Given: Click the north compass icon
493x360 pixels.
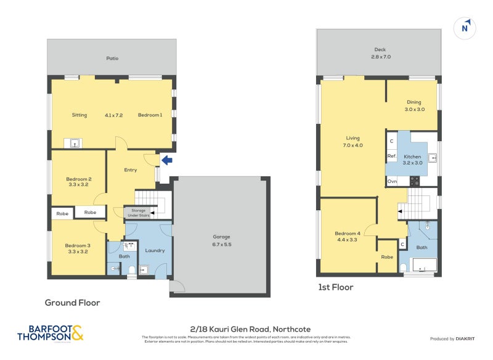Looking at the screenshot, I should (x=467, y=28).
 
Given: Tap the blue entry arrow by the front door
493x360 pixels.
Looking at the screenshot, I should (x=166, y=160).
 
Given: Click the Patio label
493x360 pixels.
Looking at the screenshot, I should (x=112, y=59).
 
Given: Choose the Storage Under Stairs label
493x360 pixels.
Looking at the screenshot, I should (x=138, y=213).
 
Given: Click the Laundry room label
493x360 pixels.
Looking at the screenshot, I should (x=155, y=250).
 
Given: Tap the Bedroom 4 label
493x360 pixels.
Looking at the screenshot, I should (x=348, y=236).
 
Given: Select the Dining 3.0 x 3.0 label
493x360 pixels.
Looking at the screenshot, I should (x=414, y=105).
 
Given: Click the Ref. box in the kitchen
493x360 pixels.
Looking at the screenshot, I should (x=391, y=157).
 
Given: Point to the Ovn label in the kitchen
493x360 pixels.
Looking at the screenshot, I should (x=392, y=181).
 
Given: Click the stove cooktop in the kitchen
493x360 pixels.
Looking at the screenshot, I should (x=415, y=181).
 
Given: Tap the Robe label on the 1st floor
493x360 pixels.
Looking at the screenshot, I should (x=387, y=256).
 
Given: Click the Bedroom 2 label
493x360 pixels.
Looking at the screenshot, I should (x=79, y=181).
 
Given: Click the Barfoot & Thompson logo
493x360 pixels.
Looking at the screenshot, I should (x=50, y=333).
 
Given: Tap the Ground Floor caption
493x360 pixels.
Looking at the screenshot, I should (x=72, y=303).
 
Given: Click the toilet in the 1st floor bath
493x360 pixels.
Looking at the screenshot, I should (x=403, y=267).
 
